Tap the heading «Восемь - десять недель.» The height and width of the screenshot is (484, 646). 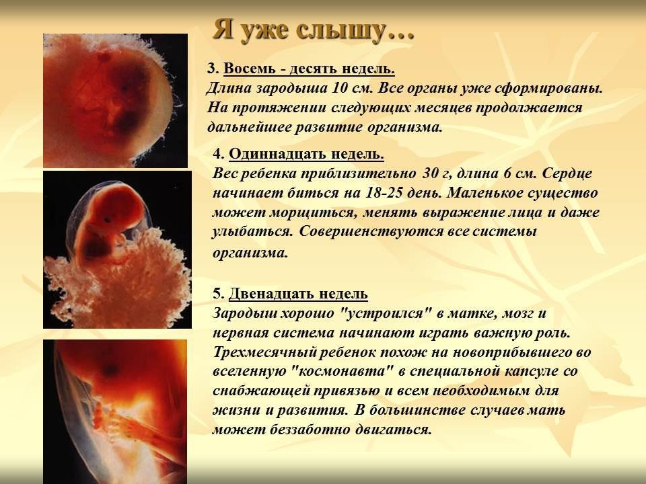[x=309, y=69]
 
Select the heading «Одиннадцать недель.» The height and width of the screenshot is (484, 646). [x=307, y=154]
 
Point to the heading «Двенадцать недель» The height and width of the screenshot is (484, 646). [x=298, y=294]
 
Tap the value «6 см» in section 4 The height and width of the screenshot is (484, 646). [x=520, y=173]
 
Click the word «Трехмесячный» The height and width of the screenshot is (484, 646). [x=264, y=352]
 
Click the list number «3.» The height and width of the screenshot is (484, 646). [x=213, y=69]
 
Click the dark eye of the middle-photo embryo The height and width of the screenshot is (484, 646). [x=107, y=219]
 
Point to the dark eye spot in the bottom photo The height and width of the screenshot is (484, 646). [x=110, y=369]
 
